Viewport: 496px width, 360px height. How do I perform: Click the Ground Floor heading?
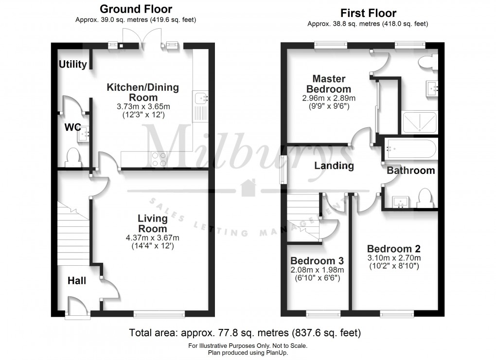click(136, 9)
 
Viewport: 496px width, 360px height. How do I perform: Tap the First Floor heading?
click(368, 13)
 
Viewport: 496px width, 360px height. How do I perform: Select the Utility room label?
click(73, 64)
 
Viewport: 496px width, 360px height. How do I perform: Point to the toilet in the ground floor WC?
click(73, 157)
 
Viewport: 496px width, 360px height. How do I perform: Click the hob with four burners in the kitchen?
click(159, 159)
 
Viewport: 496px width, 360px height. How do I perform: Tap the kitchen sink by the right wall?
click(201, 99)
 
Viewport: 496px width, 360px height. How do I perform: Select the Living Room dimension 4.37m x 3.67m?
click(152, 238)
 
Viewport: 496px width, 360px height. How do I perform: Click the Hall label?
click(76, 280)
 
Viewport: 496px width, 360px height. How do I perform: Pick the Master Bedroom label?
click(329, 84)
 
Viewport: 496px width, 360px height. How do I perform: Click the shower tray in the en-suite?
click(420, 122)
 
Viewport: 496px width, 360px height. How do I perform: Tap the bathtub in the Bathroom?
click(410, 149)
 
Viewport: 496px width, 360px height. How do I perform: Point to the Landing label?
click(334, 166)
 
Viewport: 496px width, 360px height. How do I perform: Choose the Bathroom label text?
click(410, 170)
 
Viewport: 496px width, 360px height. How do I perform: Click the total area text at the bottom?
click(245, 333)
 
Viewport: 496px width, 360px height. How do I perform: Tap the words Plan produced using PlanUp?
click(248, 353)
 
